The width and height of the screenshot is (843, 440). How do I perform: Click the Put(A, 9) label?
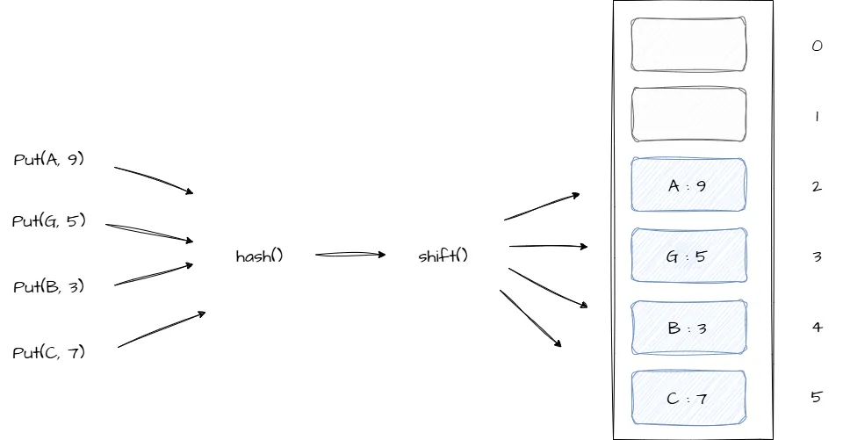49,159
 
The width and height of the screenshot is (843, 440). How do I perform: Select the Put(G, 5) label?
49,220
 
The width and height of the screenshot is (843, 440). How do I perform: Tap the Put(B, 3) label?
49,286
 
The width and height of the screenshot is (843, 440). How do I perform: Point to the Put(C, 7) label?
49,352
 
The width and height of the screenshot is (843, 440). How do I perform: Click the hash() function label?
260,256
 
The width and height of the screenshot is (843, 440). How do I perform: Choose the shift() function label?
443,256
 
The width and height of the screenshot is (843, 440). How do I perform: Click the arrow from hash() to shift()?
349,255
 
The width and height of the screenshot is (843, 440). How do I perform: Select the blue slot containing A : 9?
688,185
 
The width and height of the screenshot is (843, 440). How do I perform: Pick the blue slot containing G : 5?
688,256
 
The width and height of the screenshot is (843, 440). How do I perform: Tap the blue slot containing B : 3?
688,328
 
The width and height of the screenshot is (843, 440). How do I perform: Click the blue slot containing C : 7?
688,398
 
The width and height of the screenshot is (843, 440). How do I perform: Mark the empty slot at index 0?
688,44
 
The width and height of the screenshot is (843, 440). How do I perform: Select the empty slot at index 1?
688,114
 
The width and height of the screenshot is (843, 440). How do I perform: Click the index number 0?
817,46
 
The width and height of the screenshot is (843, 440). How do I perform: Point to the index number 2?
817,186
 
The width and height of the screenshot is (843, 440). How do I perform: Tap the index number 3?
817,257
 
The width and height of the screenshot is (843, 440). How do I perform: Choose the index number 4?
817,328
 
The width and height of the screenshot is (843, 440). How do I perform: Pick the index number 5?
817,397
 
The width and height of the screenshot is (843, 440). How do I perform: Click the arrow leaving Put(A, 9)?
154,179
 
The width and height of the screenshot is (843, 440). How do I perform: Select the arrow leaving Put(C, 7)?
162,329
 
